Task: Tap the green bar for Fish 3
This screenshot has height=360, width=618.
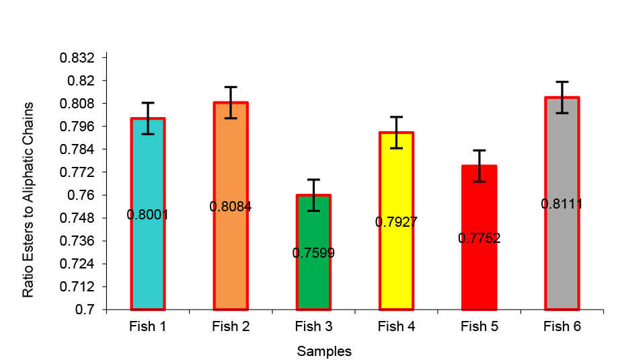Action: (313, 283)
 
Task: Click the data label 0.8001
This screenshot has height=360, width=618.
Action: (147, 215)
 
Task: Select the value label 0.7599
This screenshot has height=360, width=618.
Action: (313, 253)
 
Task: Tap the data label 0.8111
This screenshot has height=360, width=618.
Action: (562, 204)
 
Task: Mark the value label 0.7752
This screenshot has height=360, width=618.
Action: (479, 238)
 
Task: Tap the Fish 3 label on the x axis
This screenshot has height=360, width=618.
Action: (313, 327)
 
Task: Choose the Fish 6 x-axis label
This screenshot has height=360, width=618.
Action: (562, 327)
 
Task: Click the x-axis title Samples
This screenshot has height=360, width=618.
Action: (324, 351)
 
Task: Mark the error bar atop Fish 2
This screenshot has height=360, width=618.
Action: (231, 102)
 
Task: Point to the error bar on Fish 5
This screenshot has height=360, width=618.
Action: (479, 166)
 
